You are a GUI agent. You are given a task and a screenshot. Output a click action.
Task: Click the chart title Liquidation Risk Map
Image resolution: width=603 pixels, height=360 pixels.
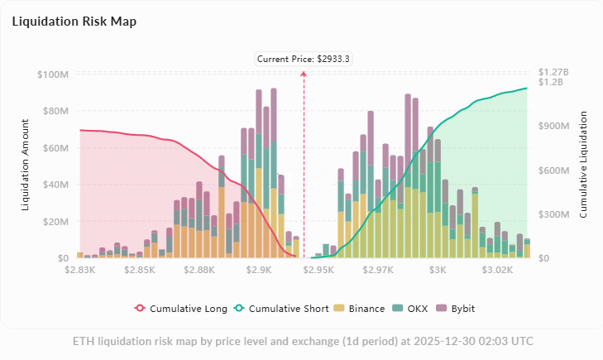click(x=74, y=22)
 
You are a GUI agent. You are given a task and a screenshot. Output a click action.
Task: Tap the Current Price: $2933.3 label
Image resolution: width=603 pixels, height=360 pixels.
click(x=304, y=59)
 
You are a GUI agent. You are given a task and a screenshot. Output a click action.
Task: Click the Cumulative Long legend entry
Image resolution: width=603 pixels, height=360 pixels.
click(x=181, y=309)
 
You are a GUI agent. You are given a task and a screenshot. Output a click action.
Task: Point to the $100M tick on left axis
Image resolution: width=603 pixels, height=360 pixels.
click(x=53, y=74)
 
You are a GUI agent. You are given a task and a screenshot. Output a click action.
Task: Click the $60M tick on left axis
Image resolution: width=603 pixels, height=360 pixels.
click(x=55, y=148)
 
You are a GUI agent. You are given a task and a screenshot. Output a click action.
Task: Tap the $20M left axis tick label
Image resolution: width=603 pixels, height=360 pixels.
click(x=55, y=222)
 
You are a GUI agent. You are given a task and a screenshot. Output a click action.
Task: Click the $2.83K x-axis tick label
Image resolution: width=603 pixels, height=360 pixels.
click(x=83, y=270)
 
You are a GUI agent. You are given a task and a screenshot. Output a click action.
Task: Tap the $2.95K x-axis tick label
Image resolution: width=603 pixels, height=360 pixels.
click(x=318, y=270)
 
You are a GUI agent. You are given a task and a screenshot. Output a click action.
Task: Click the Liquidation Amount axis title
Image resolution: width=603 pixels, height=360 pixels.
click(x=25, y=166)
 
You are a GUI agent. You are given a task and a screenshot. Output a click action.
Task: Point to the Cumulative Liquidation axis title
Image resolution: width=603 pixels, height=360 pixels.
click(x=583, y=166)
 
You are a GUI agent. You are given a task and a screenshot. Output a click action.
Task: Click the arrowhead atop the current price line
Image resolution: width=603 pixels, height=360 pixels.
click(x=304, y=74)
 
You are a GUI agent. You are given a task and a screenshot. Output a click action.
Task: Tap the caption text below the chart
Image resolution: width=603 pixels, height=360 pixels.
click(x=302, y=341)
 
